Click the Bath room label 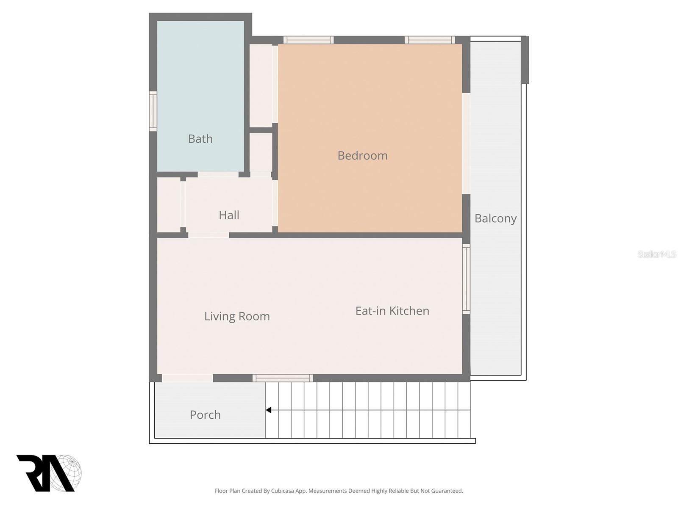click(x=200, y=139)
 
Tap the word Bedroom click(x=362, y=155)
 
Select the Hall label click(x=229, y=215)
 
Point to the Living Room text click(x=237, y=316)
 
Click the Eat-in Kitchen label click(x=392, y=311)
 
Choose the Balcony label click(x=495, y=218)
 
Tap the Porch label click(x=205, y=414)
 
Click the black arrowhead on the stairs click(x=269, y=410)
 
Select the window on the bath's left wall click(x=153, y=111)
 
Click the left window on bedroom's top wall click(x=308, y=40)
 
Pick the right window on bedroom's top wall click(x=430, y=40)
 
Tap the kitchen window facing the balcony click(x=466, y=279)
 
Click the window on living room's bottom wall click(x=283, y=378)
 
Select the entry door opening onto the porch click(x=187, y=378)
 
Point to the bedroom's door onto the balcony click(x=466, y=144)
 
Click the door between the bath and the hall click(x=218, y=174)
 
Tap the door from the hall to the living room click(x=208, y=235)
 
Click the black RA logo click(x=44, y=473)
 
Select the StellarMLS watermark click(x=656, y=254)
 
